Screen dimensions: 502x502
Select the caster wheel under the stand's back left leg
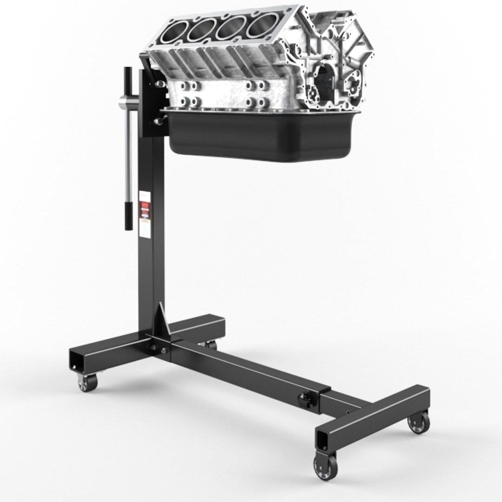(87, 382)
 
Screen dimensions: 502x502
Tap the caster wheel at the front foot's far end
(419, 422)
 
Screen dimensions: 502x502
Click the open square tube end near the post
(76, 361)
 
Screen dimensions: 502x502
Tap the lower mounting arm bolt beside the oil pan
(159, 121)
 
